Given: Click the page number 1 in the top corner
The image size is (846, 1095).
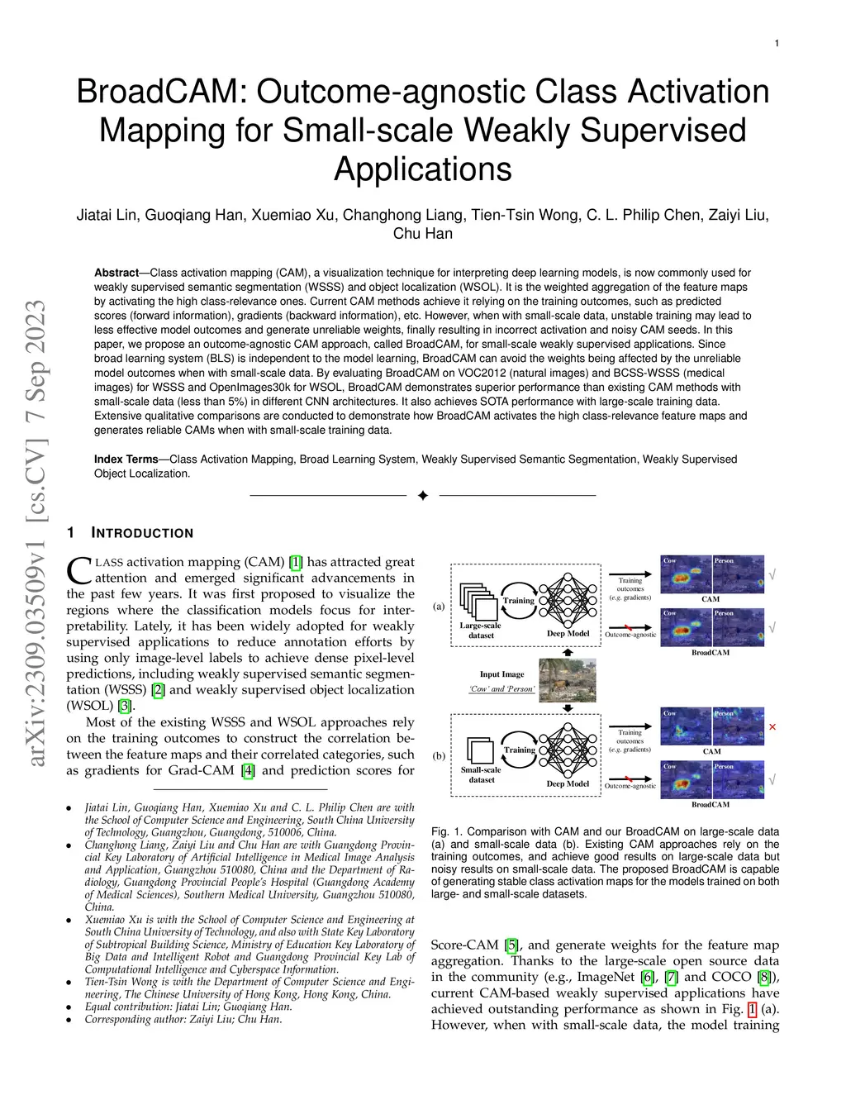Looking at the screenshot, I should [x=777, y=43].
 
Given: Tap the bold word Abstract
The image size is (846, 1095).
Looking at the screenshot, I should [x=116, y=273].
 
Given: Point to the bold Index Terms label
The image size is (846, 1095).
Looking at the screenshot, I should [x=126, y=459].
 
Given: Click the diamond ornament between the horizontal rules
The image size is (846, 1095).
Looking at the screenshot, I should [x=423, y=496].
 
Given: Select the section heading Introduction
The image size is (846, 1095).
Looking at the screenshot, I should [x=142, y=533].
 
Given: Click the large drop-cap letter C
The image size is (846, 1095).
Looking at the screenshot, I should [x=78, y=571].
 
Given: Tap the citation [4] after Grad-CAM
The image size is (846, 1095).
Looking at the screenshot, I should [x=248, y=770].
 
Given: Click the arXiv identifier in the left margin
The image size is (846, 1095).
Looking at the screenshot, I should [x=36, y=533].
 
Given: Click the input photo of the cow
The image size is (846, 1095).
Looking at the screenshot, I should [x=567, y=679].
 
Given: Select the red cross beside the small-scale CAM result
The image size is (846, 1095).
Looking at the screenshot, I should [x=772, y=727].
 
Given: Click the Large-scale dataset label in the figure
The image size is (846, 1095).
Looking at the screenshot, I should [x=481, y=631].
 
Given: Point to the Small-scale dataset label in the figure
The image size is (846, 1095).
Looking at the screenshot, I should [x=481, y=774].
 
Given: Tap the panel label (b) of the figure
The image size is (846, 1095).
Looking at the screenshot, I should [x=439, y=755].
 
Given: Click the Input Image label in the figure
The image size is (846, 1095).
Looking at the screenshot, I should [x=501, y=674].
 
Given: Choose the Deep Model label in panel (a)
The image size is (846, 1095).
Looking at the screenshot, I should [x=568, y=634].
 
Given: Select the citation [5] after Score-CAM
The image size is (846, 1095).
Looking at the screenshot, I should [x=512, y=945].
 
